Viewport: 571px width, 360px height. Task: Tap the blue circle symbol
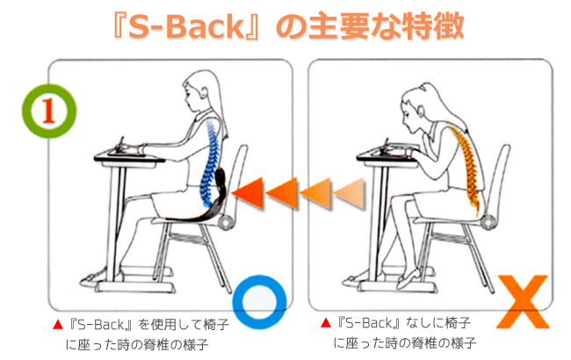pyautogui.click(x=263, y=299)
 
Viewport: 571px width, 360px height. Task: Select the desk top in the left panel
pyautogui.click(x=123, y=157)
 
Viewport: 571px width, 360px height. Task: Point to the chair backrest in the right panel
pyautogui.click(x=501, y=176)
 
